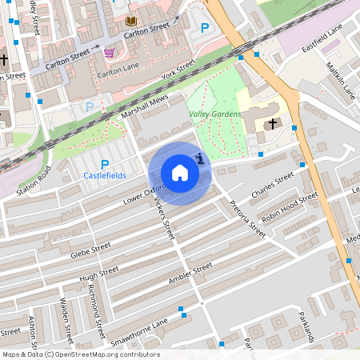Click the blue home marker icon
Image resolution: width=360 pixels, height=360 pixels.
point(180,173)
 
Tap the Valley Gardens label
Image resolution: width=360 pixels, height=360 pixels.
point(215,114)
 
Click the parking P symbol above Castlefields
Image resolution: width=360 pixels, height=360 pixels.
point(105,164)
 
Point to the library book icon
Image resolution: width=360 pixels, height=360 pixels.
point(131,20)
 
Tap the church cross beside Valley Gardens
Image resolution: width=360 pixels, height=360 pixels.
point(273,124)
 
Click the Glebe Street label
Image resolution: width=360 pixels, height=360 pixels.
point(90,247)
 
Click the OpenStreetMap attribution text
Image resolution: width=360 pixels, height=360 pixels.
point(80,354)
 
